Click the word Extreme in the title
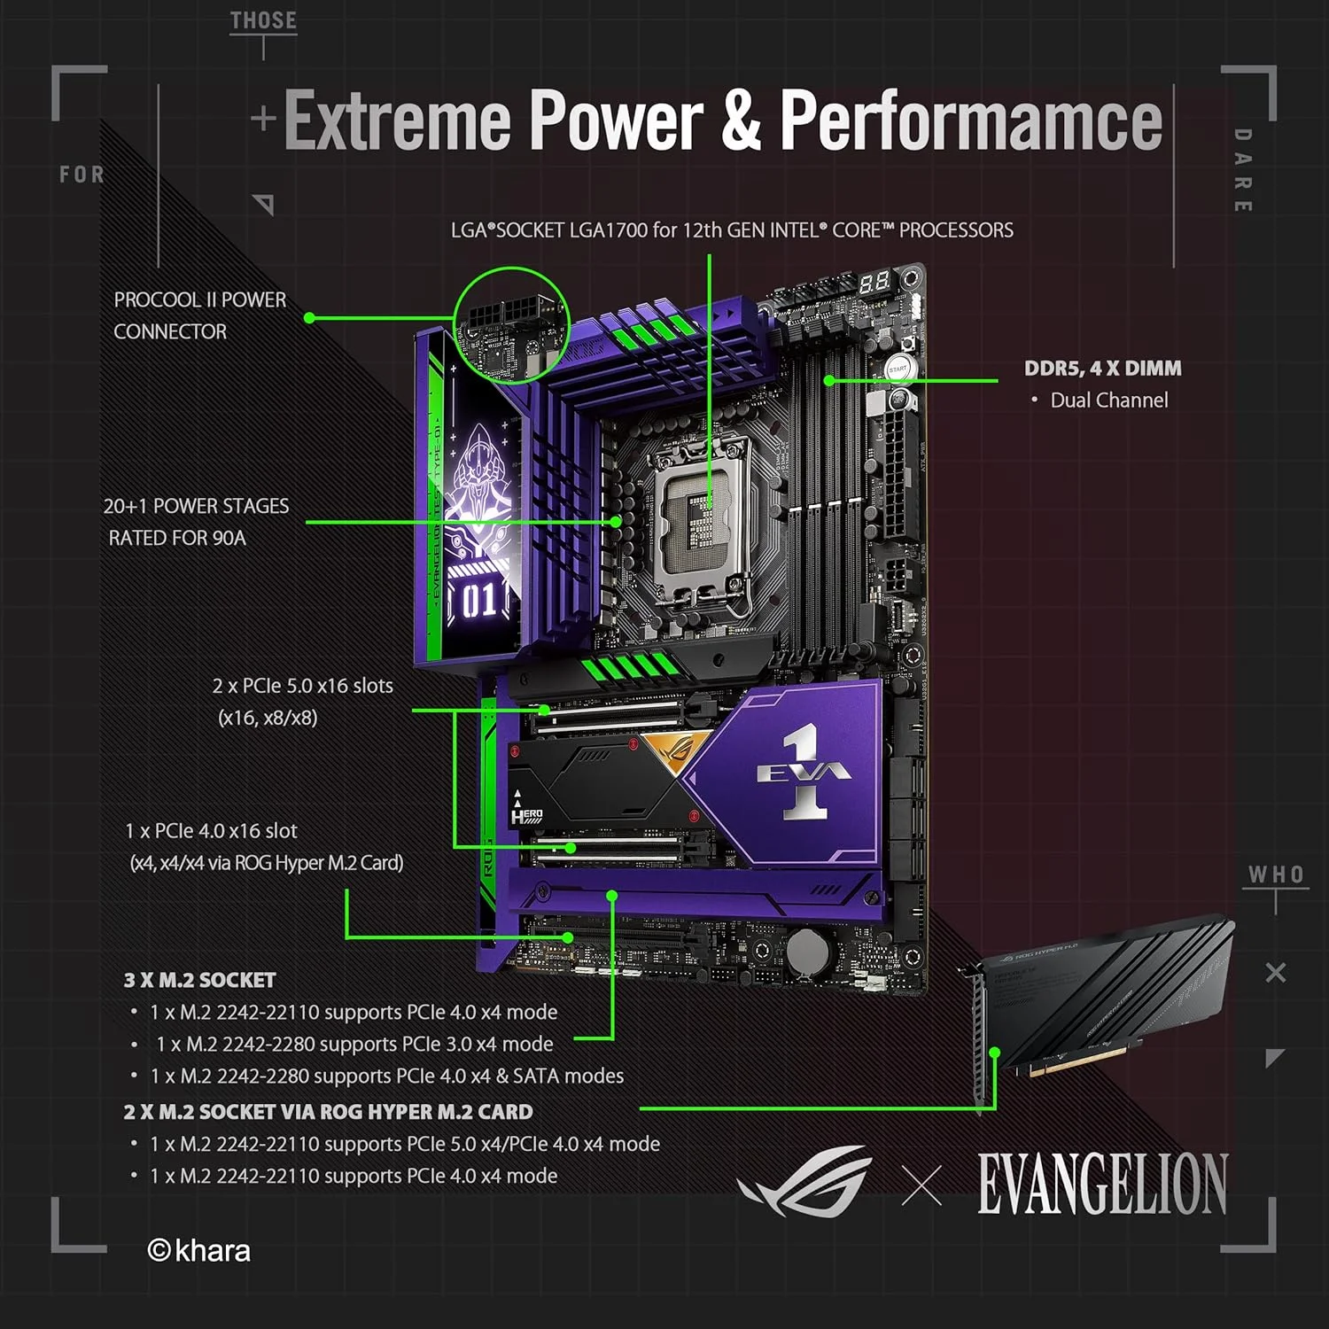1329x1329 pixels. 396,121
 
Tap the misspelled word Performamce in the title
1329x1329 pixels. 970,121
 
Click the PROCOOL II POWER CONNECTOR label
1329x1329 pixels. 199,315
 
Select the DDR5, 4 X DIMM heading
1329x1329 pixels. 1102,369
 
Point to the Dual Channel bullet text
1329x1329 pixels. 1108,400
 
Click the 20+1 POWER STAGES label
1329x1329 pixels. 196,522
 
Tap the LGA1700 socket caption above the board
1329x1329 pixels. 732,230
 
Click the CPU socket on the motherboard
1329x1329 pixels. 700,514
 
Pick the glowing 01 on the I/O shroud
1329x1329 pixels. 479,601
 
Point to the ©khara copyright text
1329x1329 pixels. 199,1250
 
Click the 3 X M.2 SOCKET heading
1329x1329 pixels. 199,980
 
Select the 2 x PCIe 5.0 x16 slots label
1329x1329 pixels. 302,686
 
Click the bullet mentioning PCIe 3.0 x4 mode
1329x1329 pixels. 354,1044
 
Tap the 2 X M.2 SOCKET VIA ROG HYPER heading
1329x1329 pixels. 328,1112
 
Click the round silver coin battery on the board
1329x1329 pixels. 807,952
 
